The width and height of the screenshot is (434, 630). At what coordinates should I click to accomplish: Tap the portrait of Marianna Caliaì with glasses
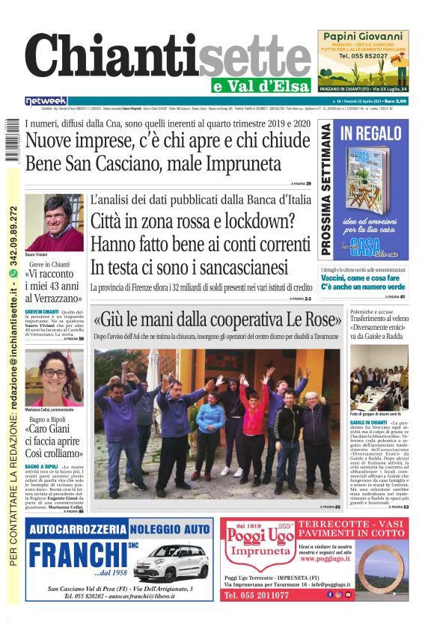click(53, 377)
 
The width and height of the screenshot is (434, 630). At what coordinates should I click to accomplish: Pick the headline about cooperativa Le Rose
click(217, 320)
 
